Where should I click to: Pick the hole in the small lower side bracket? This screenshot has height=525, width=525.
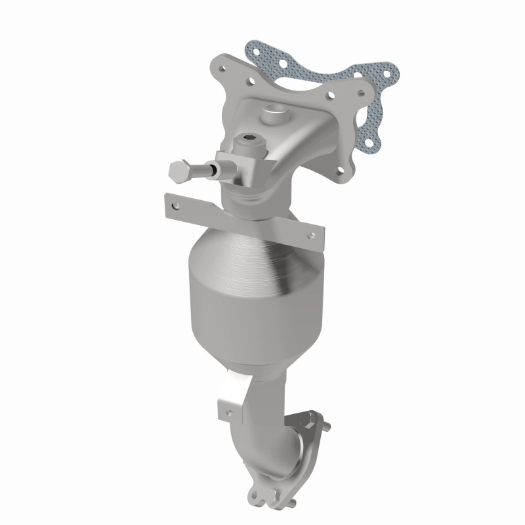[x=228, y=411]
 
